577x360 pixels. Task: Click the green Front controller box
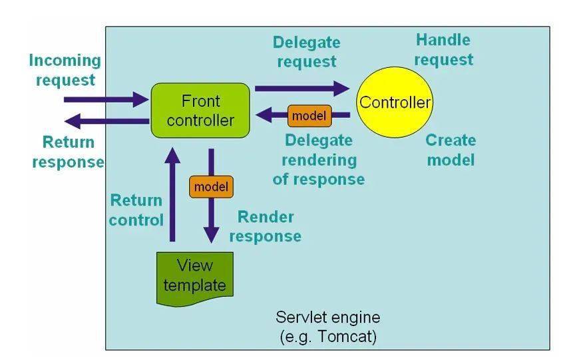pos(200,110)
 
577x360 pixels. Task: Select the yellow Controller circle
pos(395,102)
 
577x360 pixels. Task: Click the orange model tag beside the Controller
pos(309,116)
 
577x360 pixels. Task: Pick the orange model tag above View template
pos(211,187)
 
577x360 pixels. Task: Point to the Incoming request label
pos(65,70)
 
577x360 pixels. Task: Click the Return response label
pos(68,152)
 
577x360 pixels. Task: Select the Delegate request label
pos(306,52)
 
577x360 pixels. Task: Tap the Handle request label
pos(443,50)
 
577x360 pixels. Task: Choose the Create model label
pos(451,150)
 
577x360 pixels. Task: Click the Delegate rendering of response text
pos(318,160)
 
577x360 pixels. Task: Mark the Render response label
pos(266,226)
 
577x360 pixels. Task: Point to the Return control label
pos(136,210)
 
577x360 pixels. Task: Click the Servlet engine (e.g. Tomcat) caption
pos(328,327)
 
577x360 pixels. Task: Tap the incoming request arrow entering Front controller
pos(106,100)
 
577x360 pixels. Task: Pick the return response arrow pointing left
pos(106,121)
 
